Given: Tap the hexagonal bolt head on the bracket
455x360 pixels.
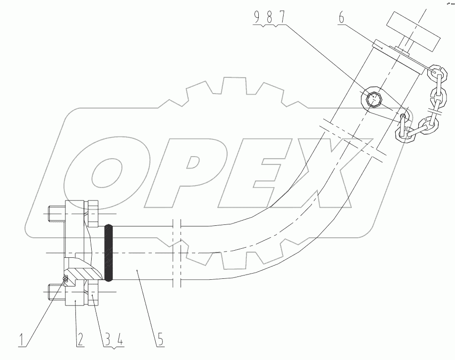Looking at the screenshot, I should click(x=374, y=99).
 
